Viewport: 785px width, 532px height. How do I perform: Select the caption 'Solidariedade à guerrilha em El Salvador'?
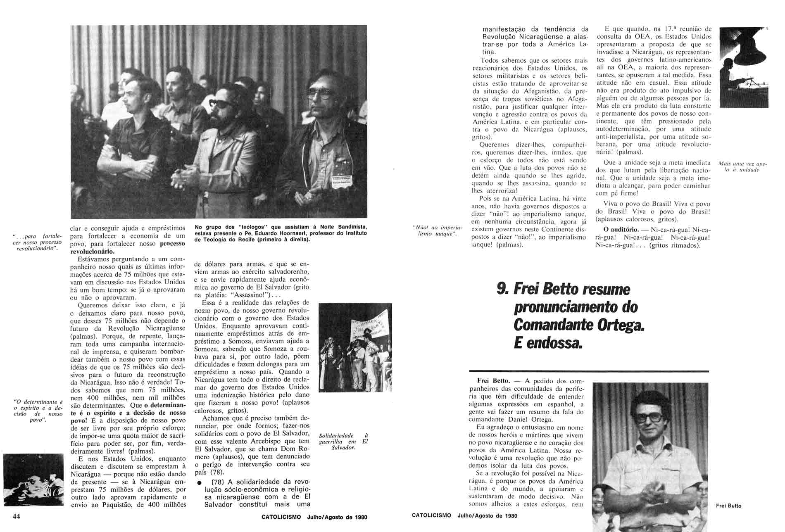tap(343, 442)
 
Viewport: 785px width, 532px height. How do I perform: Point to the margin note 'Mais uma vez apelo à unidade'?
tap(742, 167)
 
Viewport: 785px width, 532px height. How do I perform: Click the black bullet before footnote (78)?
tap(199, 483)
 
